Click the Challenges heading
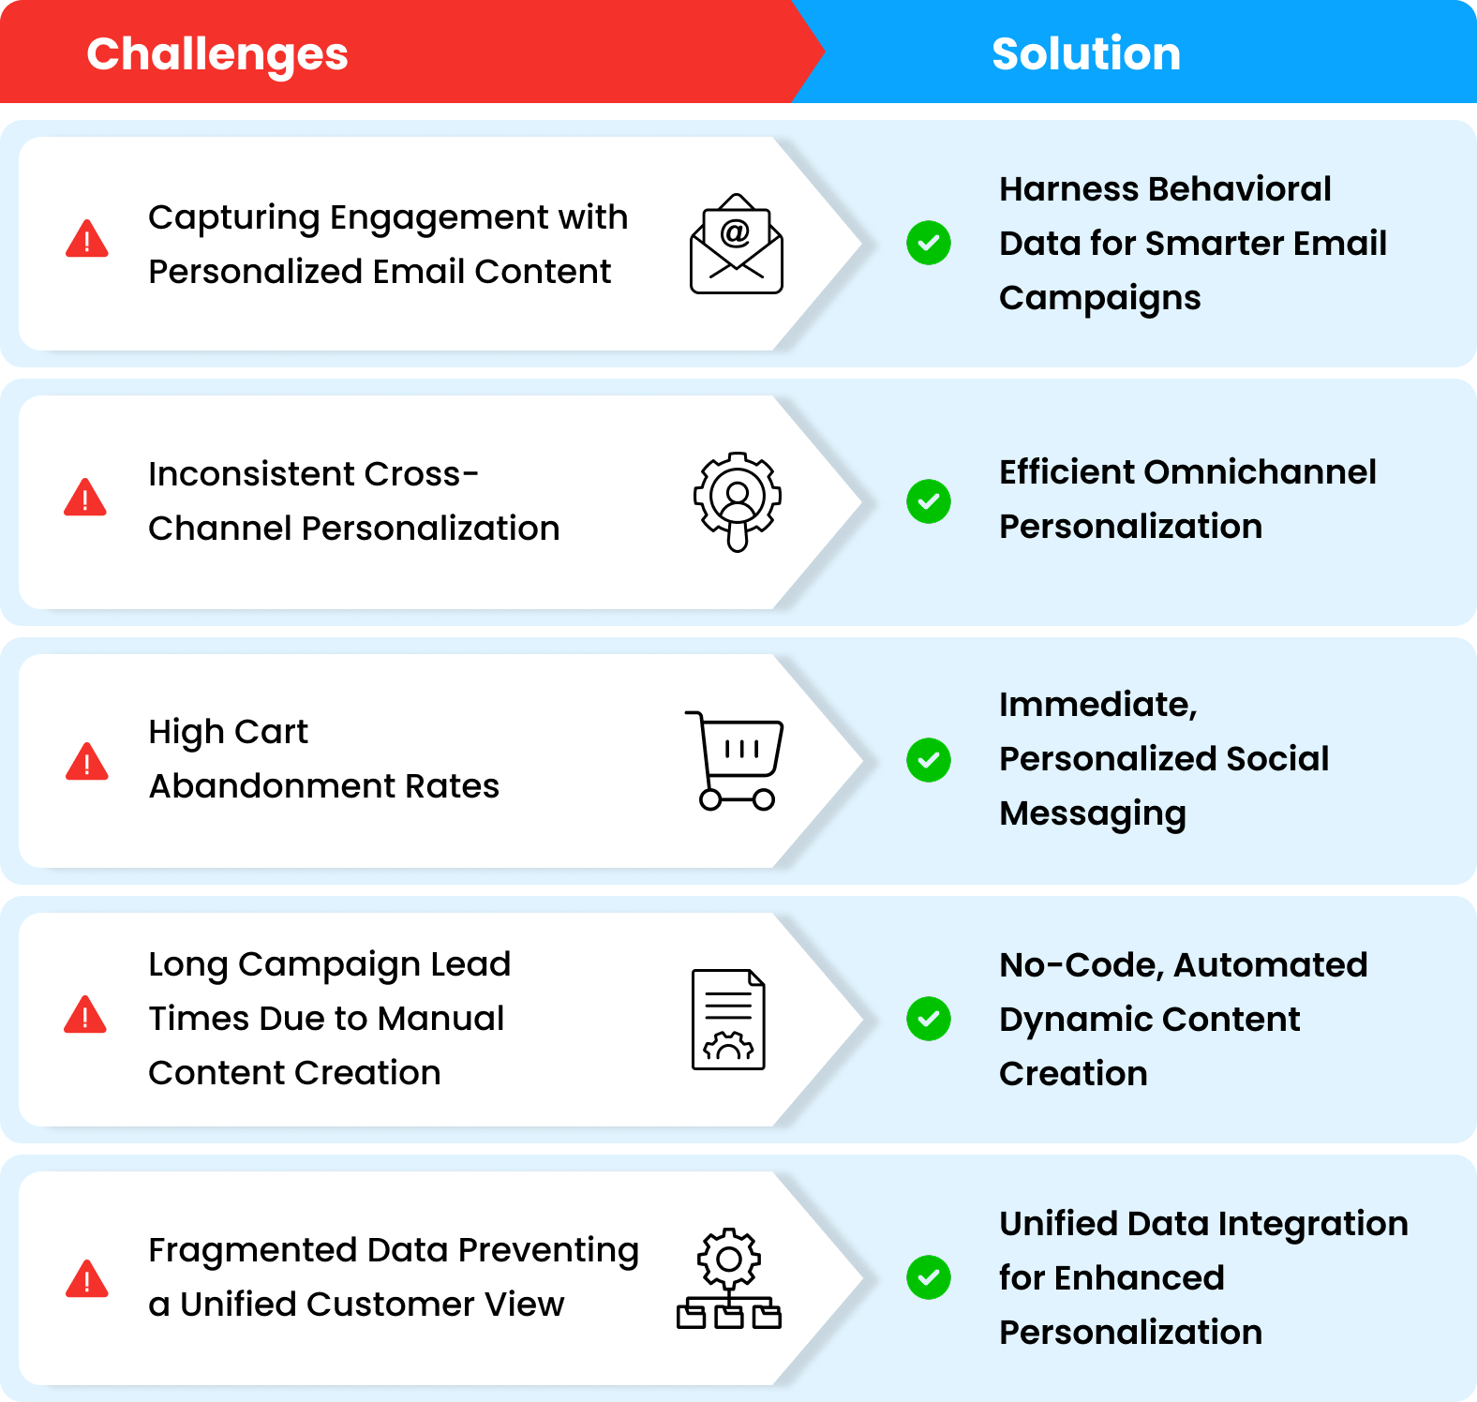217,54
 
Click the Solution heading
1086,53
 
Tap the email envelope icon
737,244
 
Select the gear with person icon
738,501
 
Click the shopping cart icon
735,760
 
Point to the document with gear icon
728,1020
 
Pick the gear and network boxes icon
729,1278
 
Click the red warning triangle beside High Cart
87,761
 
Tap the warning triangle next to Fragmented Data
87,1278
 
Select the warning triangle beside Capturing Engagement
87,238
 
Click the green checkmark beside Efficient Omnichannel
929,501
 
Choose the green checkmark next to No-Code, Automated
929,1019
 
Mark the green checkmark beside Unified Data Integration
929,1277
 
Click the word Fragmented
252,1251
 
